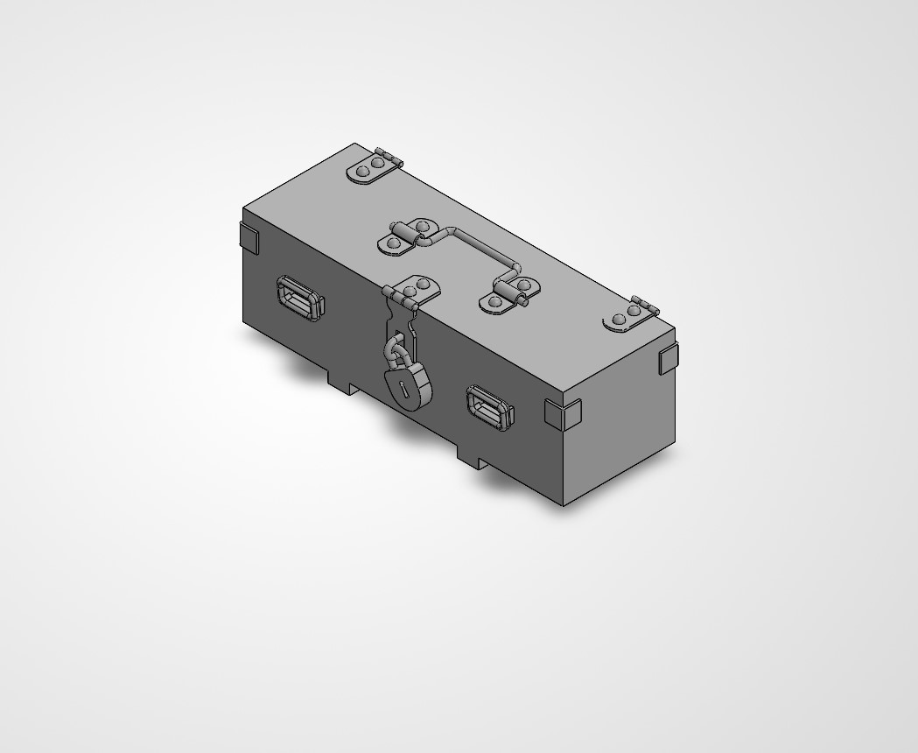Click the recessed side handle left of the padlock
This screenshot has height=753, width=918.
[x=300, y=297]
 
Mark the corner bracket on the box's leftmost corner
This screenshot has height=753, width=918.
[x=249, y=236]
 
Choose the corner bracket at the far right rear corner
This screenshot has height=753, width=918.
[x=668, y=358]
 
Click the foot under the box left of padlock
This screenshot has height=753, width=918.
[x=342, y=383]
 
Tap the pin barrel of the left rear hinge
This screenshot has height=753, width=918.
[x=390, y=157]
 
